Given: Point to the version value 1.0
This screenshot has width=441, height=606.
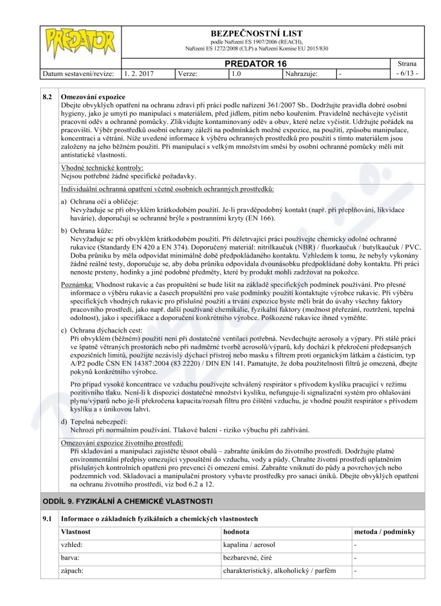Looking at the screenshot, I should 238,73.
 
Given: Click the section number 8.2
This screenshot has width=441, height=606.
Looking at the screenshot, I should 48,96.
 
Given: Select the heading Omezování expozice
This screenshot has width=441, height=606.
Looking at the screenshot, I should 93,96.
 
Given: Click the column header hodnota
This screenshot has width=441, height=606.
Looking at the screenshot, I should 236,532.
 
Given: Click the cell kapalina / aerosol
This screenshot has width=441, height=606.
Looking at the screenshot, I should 249,545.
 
